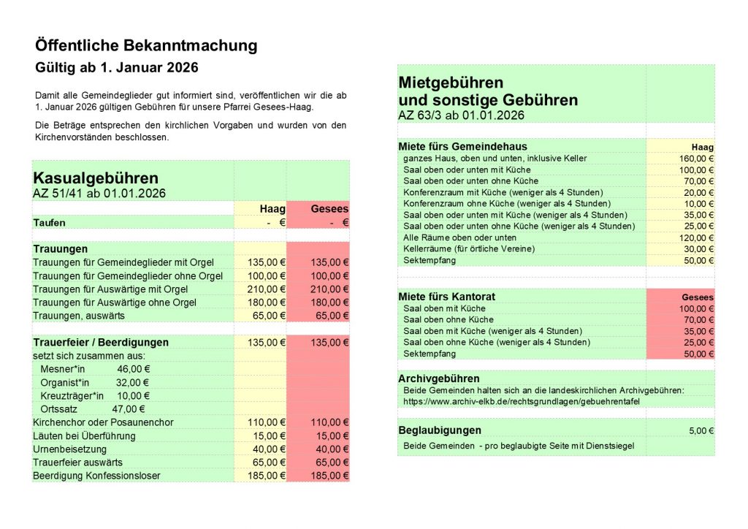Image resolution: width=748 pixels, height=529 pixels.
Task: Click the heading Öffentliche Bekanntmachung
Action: [x=146, y=46]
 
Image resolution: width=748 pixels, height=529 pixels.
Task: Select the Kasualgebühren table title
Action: [x=96, y=178]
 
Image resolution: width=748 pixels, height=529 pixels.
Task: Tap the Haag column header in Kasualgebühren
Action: [x=272, y=208]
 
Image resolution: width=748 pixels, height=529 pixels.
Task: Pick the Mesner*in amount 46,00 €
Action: [x=133, y=369]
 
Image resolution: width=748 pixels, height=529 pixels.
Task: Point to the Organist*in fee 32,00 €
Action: [x=132, y=382]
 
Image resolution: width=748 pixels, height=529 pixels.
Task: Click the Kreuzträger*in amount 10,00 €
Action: [x=132, y=396]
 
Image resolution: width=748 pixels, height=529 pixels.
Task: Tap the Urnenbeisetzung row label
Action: [x=70, y=449]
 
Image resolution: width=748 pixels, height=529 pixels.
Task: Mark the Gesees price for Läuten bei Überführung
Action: [x=332, y=435]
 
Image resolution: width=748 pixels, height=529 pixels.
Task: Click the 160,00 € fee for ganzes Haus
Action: [x=696, y=158]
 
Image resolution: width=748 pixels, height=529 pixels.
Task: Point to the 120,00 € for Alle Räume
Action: [x=696, y=237]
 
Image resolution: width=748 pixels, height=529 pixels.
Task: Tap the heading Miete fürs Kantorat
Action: [x=446, y=297]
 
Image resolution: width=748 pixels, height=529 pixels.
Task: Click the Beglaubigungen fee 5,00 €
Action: [x=701, y=430]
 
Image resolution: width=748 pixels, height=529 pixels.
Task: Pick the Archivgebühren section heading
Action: [x=439, y=378]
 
